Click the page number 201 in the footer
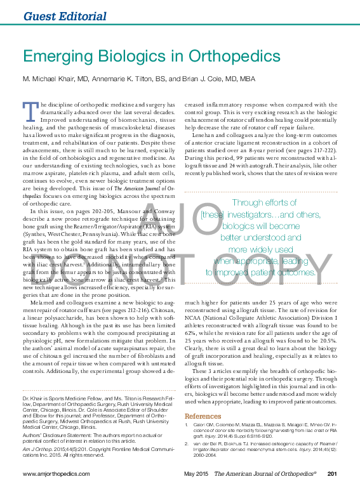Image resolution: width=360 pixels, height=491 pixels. pyautogui.click(x=331, y=474)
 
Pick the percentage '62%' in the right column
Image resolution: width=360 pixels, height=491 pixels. pyautogui.click(x=192, y=331)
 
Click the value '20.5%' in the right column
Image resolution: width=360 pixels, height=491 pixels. pyautogui.click(x=329, y=339)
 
